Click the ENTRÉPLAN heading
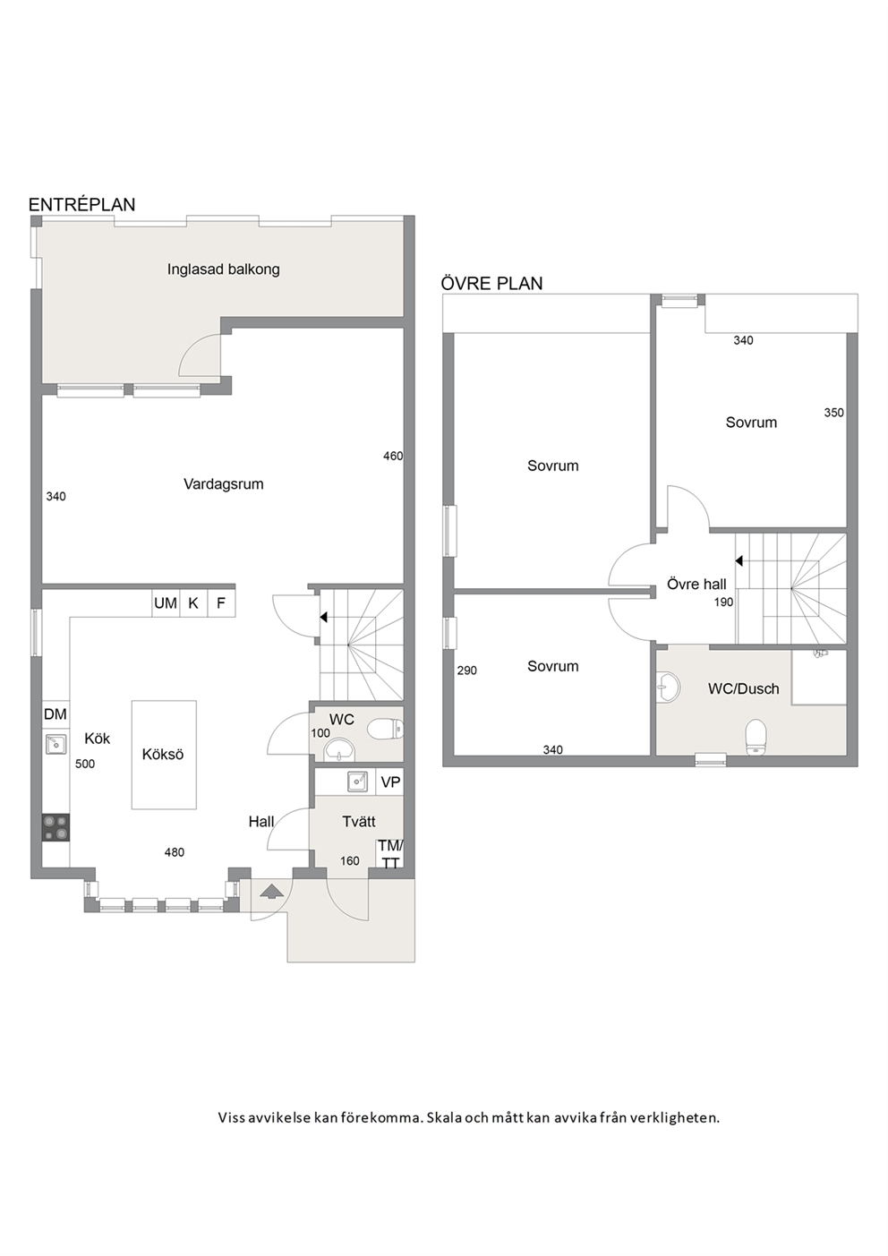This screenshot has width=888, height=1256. (x=81, y=205)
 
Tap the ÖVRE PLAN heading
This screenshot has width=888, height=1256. (x=491, y=283)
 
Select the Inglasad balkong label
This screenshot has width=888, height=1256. (x=223, y=269)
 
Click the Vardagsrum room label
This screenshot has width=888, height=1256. (x=223, y=484)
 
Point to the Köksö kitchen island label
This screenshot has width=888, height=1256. (x=163, y=754)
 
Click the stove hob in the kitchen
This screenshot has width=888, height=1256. (x=56, y=827)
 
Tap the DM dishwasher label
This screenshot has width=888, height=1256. (x=55, y=713)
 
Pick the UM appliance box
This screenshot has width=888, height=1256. (x=166, y=603)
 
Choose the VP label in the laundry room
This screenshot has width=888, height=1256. (x=390, y=782)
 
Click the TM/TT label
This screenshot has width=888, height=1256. (x=390, y=855)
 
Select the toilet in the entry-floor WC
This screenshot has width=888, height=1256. (x=385, y=730)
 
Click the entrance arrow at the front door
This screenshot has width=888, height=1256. (x=272, y=892)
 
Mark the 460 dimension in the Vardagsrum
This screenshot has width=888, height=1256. (x=393, y=456)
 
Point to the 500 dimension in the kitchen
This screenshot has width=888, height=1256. (x=85, y=764)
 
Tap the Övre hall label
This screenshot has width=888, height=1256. (x=696, y=585)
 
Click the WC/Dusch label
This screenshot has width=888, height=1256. (x=743, y=688)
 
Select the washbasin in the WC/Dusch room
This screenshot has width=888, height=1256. (x=669, y=687)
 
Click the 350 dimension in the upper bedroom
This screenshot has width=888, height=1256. (x=833, y=413)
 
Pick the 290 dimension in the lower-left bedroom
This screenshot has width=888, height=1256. (x=467, y=670)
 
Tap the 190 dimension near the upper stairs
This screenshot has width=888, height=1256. (x=723, y=602)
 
